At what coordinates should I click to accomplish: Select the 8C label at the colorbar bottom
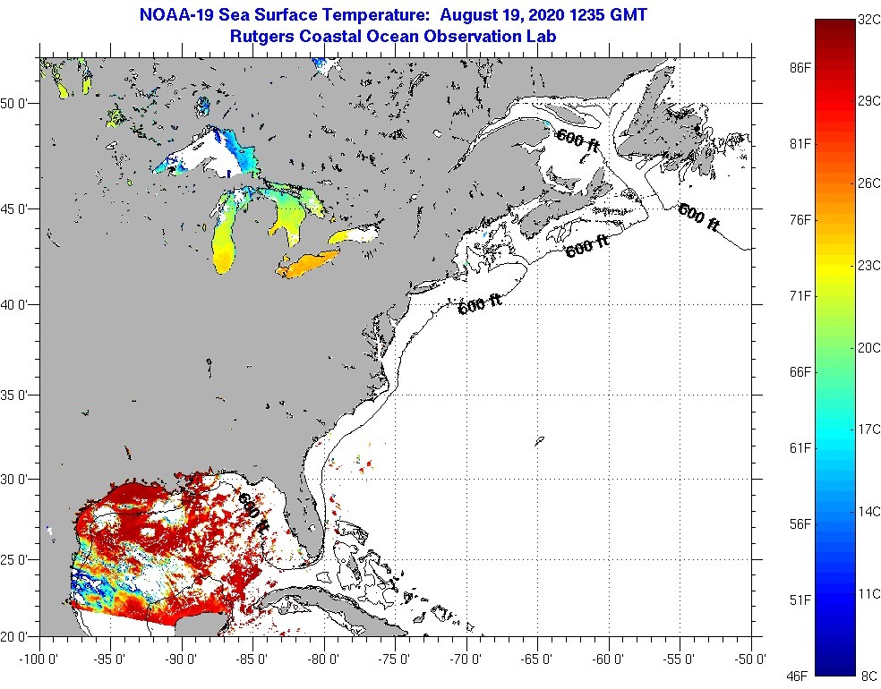[867, 674]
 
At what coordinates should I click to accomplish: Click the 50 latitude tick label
[15, 104]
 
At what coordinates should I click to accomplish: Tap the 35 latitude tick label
[15, 395]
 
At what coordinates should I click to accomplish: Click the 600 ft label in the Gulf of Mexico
[252, 512]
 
